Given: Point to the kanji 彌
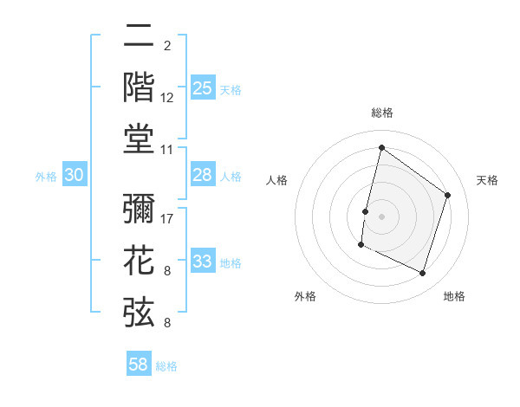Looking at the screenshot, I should [140, 209].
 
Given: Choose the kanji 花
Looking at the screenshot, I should [140, 260].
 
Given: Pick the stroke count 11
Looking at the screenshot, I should [168, 149].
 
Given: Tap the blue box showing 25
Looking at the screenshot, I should [203, 87].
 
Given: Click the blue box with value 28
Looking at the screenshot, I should [203, 175].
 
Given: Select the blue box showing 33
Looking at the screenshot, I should [203, 262].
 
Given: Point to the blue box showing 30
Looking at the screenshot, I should [75, 175].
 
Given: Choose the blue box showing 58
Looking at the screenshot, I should [139, 365].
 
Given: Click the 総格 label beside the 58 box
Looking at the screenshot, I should [166, 366].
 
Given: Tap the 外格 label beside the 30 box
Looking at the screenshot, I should [46, 177].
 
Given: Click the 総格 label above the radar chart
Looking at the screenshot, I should [381, 113].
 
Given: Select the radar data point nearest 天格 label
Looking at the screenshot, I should [448, 195].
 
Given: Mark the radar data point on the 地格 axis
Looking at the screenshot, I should [423, 274].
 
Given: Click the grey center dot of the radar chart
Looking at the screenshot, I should [381, 216].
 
